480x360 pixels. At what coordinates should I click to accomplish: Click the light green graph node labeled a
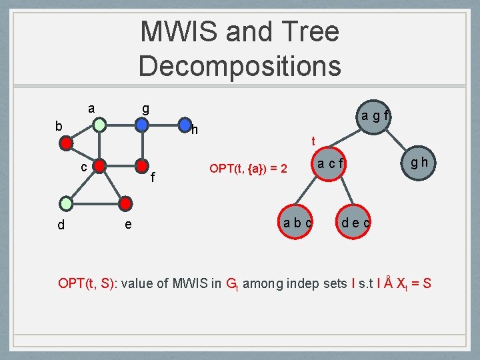pyautogui.click(x=99, y=125)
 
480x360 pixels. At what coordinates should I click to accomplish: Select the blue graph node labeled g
pyautogui.click(x=141, y=125)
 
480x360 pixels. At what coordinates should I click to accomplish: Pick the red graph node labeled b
pyautogui.click(x=66, y=142)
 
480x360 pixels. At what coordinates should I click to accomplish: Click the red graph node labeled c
pyautogui.click(x=99, y=165)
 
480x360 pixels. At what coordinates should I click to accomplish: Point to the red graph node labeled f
pyautogui.click(x=141, y=165)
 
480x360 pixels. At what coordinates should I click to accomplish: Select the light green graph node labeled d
pyautogui.click(x=66, y=203)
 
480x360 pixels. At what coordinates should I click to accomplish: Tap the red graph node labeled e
pyautogui.click(x=126, y=203)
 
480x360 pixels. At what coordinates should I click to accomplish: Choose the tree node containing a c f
pyautogui.click(x=328, y=163)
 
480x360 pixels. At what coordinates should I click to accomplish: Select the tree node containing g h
pyautogui.click(x=420, y=162)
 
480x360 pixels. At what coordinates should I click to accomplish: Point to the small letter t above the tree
pyautogui.click(x=313, y=141)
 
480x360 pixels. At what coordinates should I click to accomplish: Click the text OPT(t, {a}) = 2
pyautogui.click(x=248, y=169)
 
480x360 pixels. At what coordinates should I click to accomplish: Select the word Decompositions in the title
pyautogui.click(x=240, y=65)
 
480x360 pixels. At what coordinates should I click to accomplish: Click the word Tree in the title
pyautogui.click(x=311, y=32)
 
